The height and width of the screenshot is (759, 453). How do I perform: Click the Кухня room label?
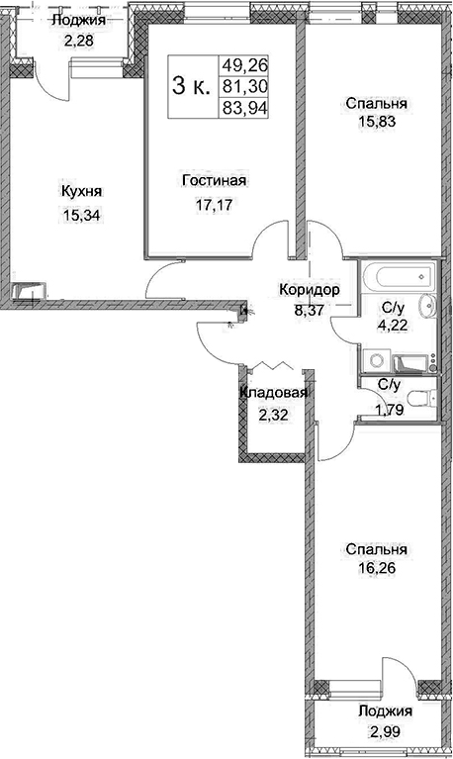81,192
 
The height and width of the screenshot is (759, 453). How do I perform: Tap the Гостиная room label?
214,180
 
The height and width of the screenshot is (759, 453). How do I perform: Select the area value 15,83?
378,122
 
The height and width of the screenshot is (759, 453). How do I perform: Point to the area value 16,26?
378,568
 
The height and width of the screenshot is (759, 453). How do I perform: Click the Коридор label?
310,290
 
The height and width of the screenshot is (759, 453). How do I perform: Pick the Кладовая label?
274,393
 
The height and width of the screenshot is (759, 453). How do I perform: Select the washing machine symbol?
376,360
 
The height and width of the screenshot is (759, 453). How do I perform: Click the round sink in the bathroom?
428,305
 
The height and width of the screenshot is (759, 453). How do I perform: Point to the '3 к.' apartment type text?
191,87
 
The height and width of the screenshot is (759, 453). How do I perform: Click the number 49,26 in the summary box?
244,65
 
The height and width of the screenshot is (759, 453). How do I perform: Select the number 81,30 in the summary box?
244,87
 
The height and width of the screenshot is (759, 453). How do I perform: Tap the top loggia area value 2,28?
78,39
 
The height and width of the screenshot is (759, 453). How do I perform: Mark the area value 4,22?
393,325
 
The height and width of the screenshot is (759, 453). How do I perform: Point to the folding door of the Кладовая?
274,366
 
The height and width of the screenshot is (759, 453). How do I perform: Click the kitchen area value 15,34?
81,214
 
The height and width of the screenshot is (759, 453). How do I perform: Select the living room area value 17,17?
214,205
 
